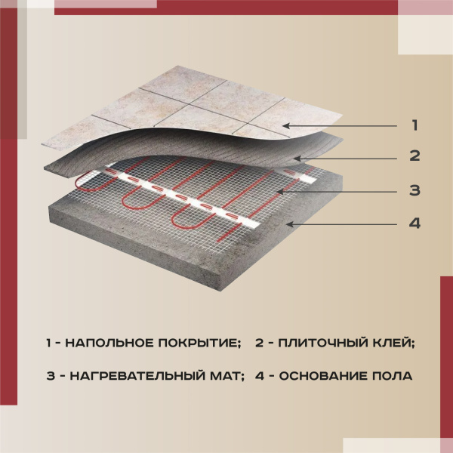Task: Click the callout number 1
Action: tap(414, 125)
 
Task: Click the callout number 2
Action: tap(414, 157)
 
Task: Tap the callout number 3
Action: tap(414, 190)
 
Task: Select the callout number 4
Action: tap(414, 224)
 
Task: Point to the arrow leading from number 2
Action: tap(347, 158)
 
